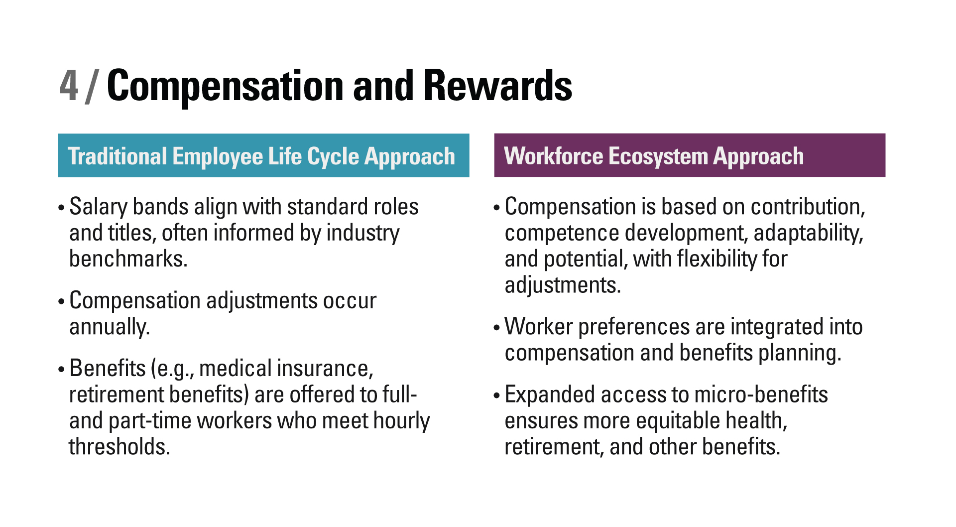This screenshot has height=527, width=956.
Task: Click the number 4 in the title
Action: tap(69, 85)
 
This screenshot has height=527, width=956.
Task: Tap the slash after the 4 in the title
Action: tap(92, 86)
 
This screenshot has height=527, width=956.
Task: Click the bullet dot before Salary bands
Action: tap(61, 208)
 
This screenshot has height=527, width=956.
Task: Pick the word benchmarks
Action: tap(128, 259)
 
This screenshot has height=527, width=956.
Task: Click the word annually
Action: tap(110, 327)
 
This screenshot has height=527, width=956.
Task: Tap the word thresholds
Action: tap(119, 447)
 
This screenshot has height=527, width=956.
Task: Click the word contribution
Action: tap(808, 207)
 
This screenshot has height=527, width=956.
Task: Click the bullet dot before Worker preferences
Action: tap(496, 328)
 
